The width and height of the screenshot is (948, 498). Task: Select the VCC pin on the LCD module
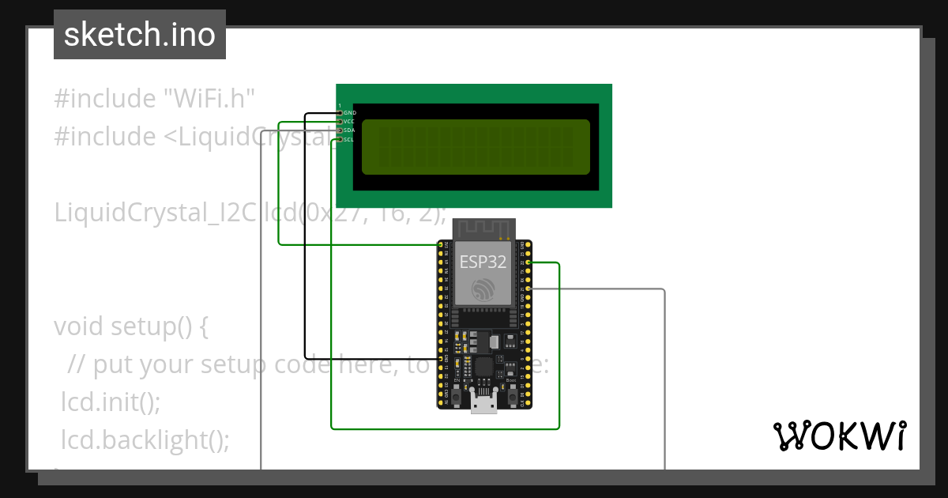tap(349, 122)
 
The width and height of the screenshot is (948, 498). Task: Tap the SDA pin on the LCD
tap(349, 130)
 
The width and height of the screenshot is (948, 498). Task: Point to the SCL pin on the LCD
tap(349, 139)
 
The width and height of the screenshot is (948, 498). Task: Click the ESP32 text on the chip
tap(483, 262)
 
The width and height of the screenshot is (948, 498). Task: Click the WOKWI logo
tap(839, 436)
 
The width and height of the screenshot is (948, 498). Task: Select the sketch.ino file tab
tap(140, 35)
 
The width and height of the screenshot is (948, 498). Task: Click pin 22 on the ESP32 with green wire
tap(528, 262)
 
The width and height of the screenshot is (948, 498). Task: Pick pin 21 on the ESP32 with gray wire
tap(528, 289)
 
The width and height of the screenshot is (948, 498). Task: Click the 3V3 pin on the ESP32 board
tap(441, 245)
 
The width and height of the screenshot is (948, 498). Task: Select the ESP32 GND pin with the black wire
tap(441, 358)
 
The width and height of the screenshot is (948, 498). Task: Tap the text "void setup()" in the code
tap(130, 326)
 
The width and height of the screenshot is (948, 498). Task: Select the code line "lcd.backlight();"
tap(145, 440)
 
